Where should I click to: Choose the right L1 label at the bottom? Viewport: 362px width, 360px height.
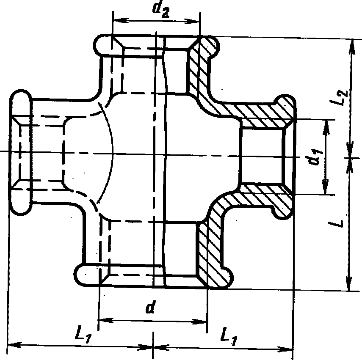[x=229, y=336]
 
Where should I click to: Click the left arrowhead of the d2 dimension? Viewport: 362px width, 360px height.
[x=117, y=20]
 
